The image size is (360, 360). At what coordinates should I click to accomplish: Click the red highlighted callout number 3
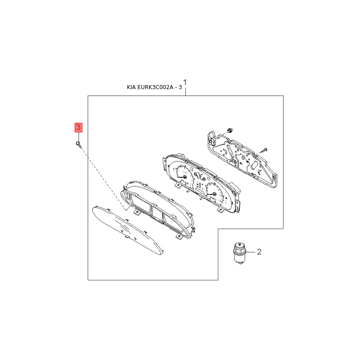(78, 127)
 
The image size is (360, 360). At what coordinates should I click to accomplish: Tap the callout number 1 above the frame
(185, 82)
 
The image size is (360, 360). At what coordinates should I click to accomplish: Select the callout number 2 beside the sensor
(259, 252)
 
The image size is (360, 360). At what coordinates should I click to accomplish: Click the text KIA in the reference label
(131, 87)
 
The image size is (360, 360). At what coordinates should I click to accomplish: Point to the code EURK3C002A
(155, 87)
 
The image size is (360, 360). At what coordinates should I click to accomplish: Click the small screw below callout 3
(78, 144)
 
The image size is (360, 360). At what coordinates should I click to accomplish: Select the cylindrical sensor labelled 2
(239, 253)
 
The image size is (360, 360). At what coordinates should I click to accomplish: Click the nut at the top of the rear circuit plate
(229, 130)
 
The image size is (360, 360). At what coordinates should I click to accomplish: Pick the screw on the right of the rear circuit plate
(263, 151)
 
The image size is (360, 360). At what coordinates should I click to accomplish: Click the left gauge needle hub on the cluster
(184, 176)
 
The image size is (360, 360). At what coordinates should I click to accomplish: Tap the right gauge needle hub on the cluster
(215, 194)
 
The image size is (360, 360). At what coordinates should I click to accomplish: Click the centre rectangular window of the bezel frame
(157, 214)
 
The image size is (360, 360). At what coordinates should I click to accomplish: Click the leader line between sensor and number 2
(251, 252)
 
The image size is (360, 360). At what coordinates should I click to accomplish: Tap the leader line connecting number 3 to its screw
(78, 137)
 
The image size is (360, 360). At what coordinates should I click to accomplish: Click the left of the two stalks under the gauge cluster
(191, 190)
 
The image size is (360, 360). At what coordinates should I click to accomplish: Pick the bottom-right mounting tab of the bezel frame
(179, 236)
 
